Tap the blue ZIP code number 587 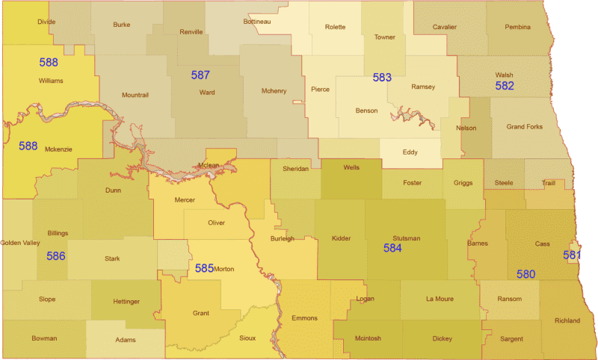(200, 75)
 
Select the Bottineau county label (256, 22)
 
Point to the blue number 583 (382, 77)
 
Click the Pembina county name (517, 27)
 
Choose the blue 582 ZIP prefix (505, 86)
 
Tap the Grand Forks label (525, 127)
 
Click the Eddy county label (410, 152)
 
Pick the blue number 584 (392, 247)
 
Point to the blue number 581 (572, 255)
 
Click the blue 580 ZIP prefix (525, 274)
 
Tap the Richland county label (567, 320)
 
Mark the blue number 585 (204, 267)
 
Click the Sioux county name (247, 338)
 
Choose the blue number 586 (56, 256)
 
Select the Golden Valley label (20, 243)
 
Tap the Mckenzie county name (58, 149)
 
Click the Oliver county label (216, 223)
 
